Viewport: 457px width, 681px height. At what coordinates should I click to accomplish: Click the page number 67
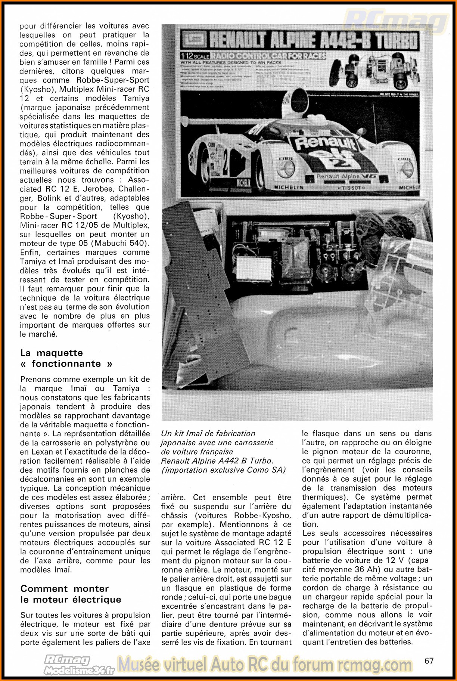(429, 660)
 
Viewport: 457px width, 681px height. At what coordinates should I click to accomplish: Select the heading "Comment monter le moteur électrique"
(71, 594)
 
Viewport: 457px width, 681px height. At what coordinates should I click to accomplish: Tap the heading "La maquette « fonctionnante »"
(66, 358)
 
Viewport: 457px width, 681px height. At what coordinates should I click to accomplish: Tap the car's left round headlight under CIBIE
(286, 168)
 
